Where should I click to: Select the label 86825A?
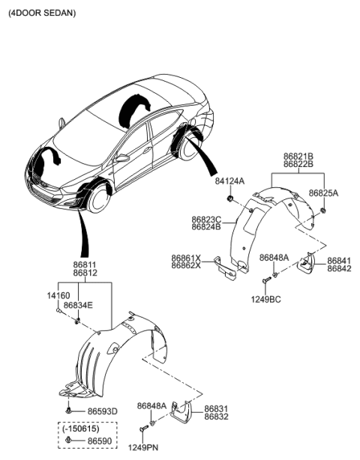323,193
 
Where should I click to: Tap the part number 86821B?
298,156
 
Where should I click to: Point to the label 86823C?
205,219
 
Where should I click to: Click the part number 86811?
85,265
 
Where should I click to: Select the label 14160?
58,297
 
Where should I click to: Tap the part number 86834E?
78,306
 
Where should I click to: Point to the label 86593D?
103,412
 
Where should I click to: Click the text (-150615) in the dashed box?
79,430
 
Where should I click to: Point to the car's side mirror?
122,158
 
